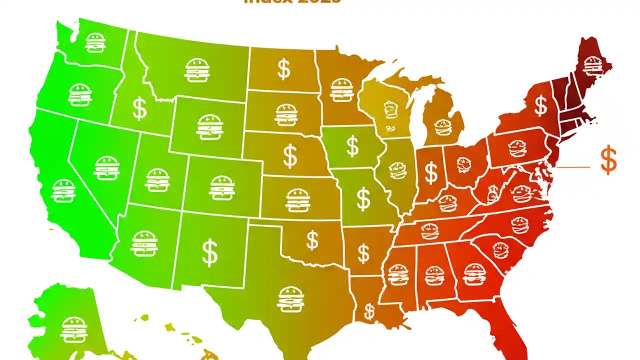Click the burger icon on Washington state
click(95, 42)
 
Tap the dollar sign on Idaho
click(139, 108)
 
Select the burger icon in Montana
click(197, 70)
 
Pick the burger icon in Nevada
click(106, 168)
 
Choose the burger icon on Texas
click(290, 298)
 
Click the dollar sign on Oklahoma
click(312, 240)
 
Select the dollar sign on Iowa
click(352, 146)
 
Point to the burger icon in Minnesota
click(342, 90)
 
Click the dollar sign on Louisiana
click(369, 311)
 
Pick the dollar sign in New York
click(540, 105)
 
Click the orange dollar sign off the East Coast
click(608, 160)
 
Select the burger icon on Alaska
click(74, 329)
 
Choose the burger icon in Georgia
click(473, 274)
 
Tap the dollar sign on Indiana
click(431, 172)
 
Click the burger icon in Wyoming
click(209, 127)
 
